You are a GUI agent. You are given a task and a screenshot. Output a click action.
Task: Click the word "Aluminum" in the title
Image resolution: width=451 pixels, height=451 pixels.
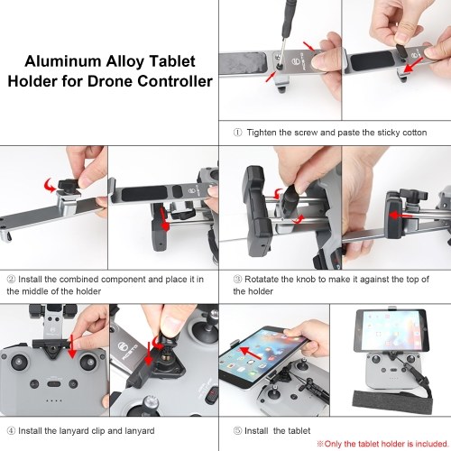click(x=62, y=61)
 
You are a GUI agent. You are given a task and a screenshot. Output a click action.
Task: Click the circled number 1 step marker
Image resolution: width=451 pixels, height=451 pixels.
click(x=237, y=133)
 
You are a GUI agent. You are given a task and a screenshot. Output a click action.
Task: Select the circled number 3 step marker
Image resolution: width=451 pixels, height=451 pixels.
click(x=237, y=280)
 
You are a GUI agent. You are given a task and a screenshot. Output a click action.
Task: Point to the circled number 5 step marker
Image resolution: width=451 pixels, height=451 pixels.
click(x=237, y=431)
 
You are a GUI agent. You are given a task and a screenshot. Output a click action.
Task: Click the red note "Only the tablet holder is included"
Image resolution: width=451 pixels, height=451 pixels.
click(x=386, y=444)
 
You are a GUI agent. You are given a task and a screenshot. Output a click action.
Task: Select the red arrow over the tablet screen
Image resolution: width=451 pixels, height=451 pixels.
click(x=250, y=353)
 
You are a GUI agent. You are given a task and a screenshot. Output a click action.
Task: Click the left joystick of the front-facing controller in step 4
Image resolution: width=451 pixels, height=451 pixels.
click(x=19, y=362)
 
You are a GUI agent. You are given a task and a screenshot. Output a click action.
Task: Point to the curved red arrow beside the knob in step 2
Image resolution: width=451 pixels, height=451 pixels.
click(x=50, y=186)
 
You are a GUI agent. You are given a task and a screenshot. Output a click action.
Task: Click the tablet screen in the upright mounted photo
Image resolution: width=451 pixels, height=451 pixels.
click(x=390, y=330)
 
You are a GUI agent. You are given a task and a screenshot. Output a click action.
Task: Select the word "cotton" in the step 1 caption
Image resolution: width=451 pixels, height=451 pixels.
click(x=414, y=133)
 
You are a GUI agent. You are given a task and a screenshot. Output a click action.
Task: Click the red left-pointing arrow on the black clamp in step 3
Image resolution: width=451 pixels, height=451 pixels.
click(x=400, y=216)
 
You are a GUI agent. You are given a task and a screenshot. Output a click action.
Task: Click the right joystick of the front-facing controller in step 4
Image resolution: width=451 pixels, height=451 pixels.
click(x=87, y=362)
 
